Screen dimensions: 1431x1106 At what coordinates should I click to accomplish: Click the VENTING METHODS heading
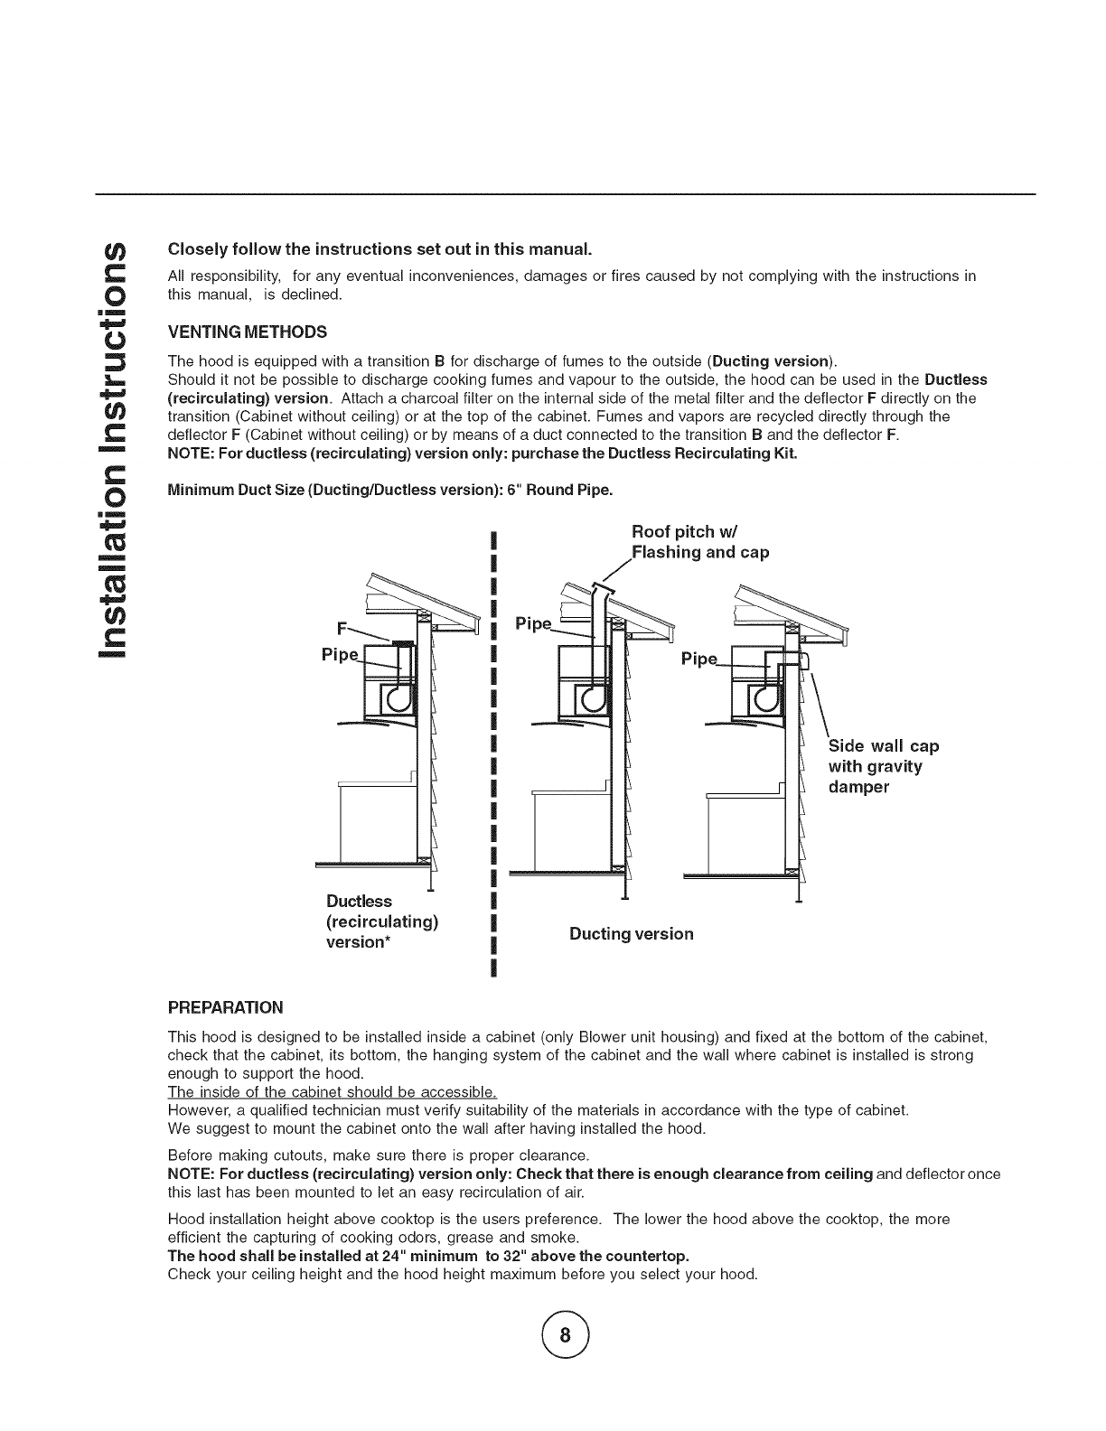coord(247,331)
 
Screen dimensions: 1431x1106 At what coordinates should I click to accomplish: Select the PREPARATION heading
coord(226,1007)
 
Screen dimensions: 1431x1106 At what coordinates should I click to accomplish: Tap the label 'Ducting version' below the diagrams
coord(632,934)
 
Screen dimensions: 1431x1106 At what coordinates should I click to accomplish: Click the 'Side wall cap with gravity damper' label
coord(883,766)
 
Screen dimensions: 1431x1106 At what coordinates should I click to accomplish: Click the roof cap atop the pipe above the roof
coord(603,587)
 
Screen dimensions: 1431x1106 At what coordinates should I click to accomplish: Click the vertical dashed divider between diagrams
coord(492,750)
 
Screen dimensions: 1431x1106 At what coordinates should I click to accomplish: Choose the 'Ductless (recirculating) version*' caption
coord(381,921)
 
